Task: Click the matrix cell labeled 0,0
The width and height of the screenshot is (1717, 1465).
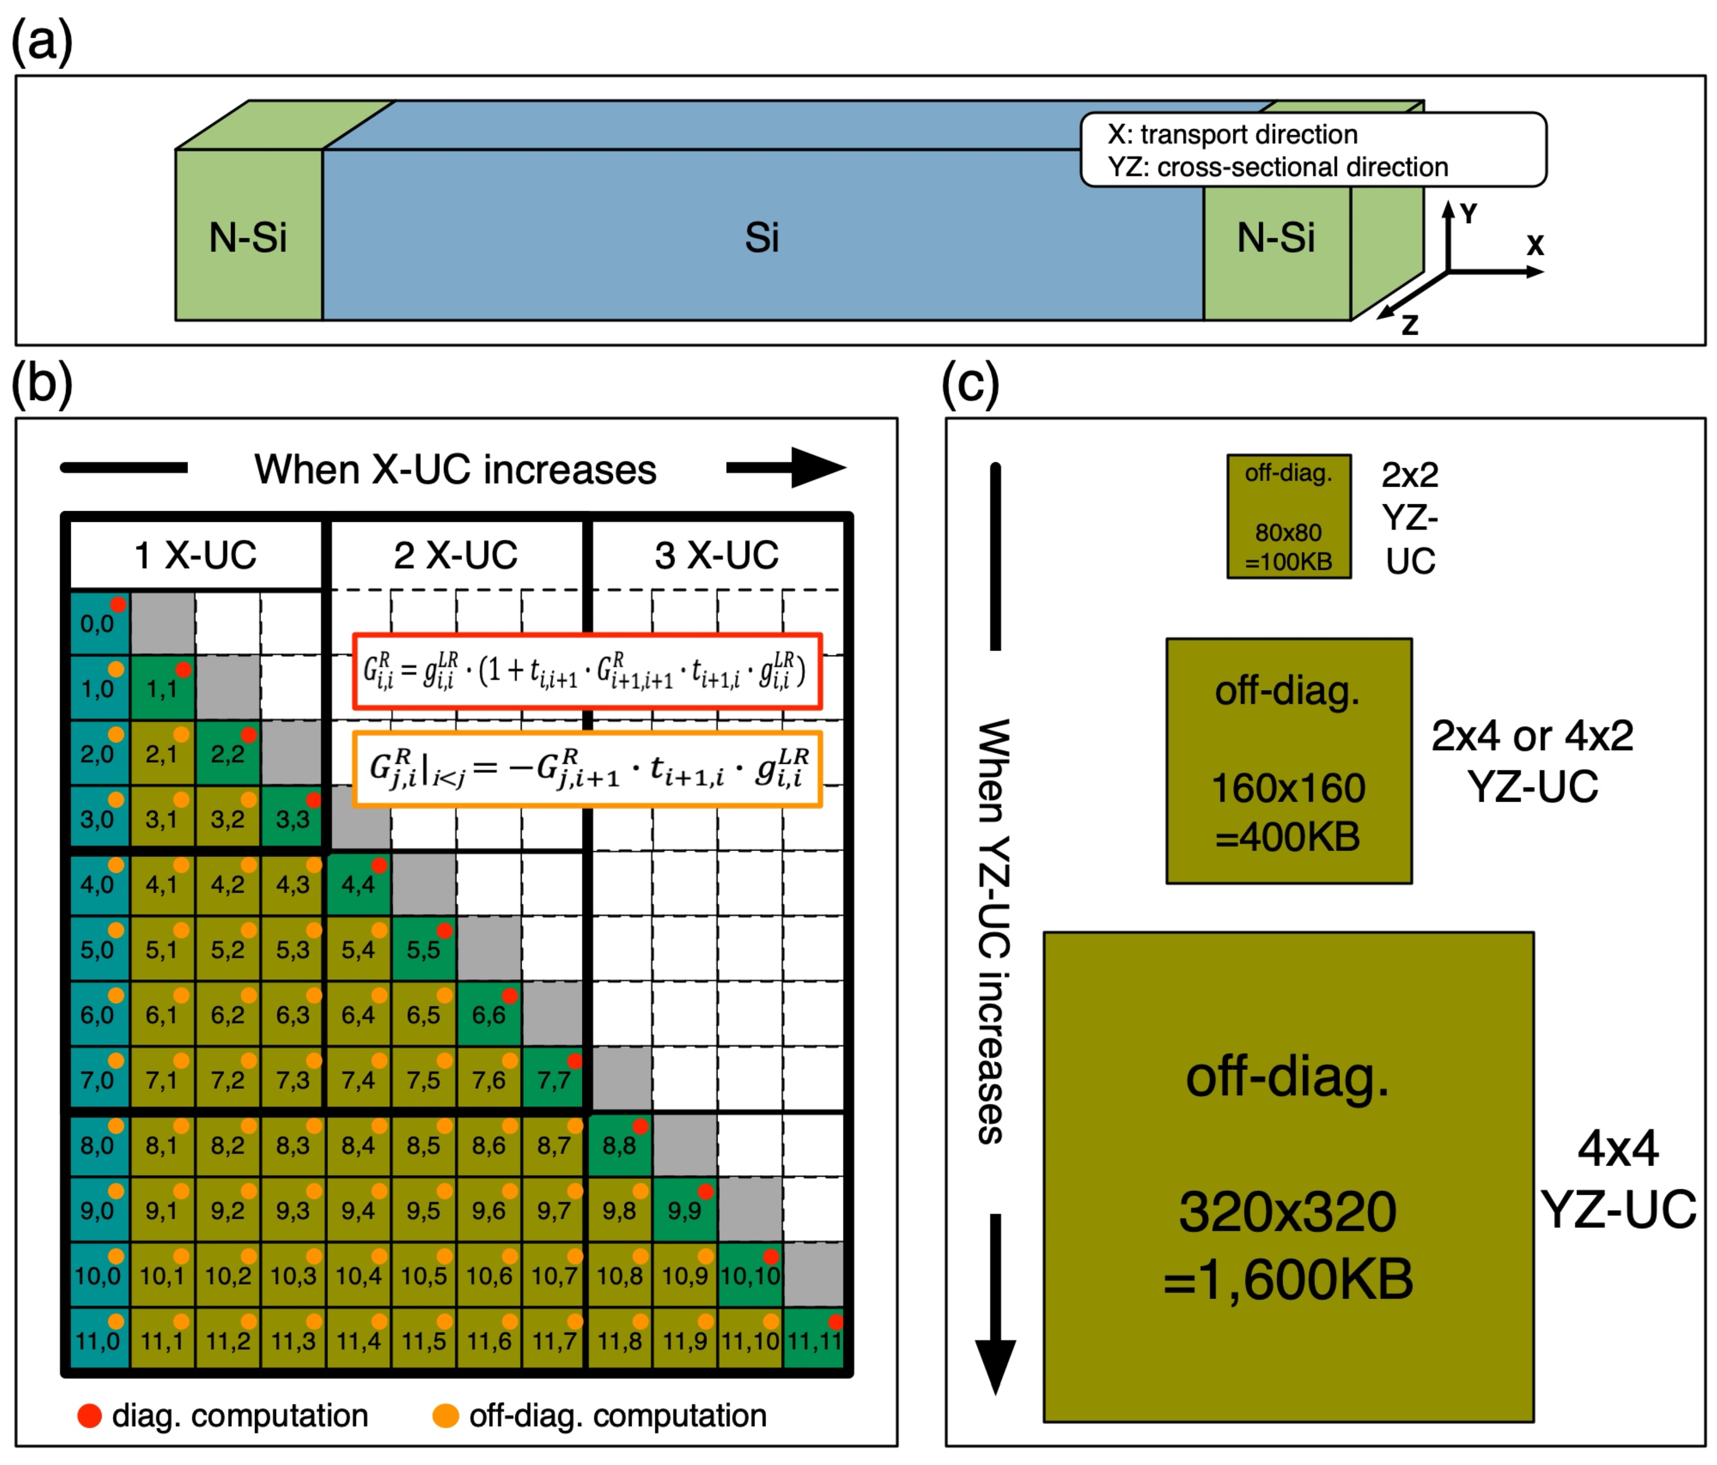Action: click(x=98, y=623)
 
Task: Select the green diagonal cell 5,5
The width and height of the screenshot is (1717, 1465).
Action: click(x=423, y=949)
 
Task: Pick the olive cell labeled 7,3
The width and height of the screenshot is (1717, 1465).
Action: click(x=292, y=1080)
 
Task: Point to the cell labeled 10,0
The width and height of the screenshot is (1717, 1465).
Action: click(x=98, y=1275)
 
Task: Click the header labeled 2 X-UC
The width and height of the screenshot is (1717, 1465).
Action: click(x=456, y=555)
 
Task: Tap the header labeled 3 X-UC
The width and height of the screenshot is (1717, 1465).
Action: click(x=717, y=555)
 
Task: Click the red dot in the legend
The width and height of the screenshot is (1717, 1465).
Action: click(x=89, y=1416)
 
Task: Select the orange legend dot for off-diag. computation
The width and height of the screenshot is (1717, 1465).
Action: click(x=446, y=1416)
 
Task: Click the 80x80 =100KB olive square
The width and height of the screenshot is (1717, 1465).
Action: click(x=1288, y=517)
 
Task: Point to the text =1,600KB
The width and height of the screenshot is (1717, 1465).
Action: click(x=1288, y=1279)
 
